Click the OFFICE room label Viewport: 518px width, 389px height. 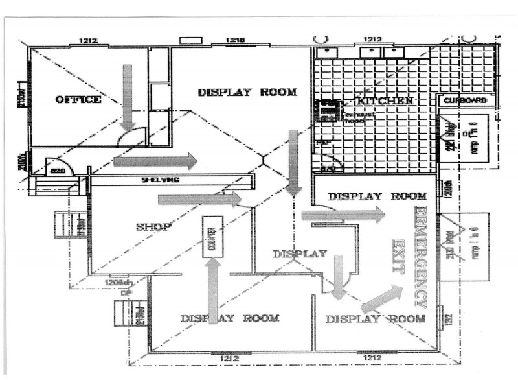coord(78,99)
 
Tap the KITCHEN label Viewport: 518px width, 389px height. coord(384,101)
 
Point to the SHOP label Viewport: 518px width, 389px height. coord(153,226)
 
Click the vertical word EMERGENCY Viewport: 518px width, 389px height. coord(421,257)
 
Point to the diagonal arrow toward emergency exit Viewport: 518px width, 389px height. coord(382,298)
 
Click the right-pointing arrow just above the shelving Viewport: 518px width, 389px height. coord(155,160)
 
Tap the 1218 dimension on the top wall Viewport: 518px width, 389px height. coord(236,41)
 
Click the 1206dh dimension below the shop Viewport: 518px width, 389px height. coord(119,282)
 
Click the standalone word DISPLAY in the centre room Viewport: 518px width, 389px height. coord(300,253)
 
